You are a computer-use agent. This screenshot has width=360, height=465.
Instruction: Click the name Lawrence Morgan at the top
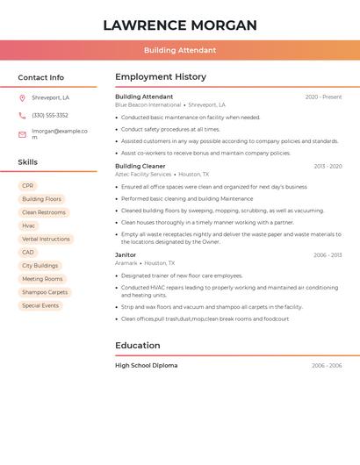pos(180,25)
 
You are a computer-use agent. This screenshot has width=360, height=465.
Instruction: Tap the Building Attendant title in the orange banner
pos(180,50)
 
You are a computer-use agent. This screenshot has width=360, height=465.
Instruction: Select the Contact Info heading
pos(40,77)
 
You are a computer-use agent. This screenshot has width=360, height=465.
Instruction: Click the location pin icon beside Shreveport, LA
pos(22,98)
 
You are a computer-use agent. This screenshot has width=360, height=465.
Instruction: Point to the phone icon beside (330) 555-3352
pos(22,115)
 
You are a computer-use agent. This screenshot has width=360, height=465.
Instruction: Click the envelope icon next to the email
pos(22,133)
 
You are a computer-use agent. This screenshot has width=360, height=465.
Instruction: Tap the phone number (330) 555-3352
pos(50,115)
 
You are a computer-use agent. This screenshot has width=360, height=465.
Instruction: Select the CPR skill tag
pos(28,186)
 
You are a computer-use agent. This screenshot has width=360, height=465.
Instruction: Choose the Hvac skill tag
pos(29,225)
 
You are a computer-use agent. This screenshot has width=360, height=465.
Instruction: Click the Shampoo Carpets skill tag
pos(45,292)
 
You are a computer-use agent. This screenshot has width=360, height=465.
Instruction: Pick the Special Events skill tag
pos(40,305)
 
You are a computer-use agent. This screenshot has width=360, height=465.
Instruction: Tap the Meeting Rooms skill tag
pos(42,279)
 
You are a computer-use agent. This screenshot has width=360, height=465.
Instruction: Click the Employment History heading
pos(161,77)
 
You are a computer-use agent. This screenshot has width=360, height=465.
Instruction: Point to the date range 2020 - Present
pos(323,97)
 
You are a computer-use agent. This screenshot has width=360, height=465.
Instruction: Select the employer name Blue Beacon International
pos(148,104)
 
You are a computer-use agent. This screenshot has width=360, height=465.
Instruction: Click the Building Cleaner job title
pos(140,166)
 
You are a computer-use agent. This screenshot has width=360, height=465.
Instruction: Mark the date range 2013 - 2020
pos(328,166)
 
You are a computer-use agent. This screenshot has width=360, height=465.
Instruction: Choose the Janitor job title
pos(126,254)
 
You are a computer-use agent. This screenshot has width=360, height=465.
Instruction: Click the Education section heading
pos(138,346)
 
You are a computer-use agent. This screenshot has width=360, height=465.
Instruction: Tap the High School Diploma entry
pos(146,365)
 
